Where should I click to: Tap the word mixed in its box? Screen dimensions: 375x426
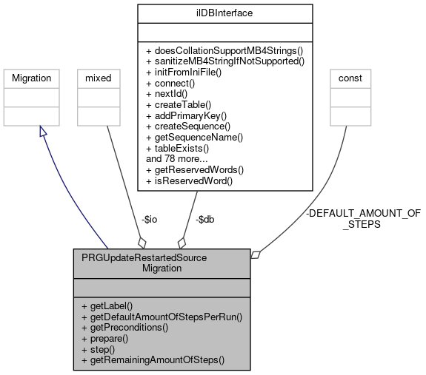coord(99,78)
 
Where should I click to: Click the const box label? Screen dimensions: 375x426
coord(350,78)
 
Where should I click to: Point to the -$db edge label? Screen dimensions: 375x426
coord(205,220)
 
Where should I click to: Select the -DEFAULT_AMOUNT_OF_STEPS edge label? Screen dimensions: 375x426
coord(362,218)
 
